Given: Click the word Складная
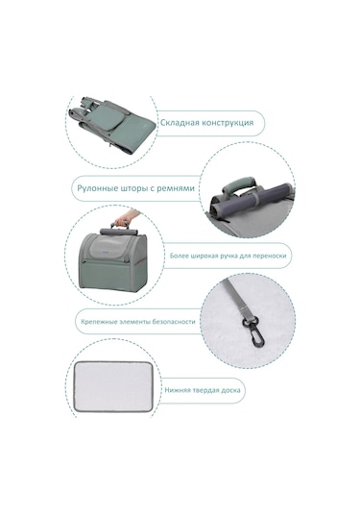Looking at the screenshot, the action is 180,123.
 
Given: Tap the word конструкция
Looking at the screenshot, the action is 228,123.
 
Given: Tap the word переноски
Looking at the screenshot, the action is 273,256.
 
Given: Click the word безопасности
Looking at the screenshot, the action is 174,322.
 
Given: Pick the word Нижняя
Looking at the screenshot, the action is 177,390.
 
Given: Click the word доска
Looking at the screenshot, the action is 231,390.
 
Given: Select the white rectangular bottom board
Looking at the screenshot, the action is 113,386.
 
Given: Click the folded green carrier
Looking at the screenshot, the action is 113,126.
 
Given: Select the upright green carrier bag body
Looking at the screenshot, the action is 113,260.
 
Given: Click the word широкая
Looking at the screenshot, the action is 204,256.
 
